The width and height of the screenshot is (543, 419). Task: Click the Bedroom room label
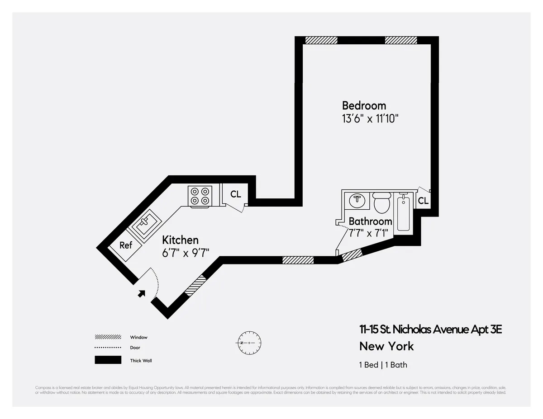[x=364, y=106]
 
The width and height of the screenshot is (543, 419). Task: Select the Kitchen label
[x=180, y=240]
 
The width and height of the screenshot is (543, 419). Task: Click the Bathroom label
[x=370, y=221]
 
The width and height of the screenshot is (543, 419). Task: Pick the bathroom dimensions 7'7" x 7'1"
[x=368, y=233]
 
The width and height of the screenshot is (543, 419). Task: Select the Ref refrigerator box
[x=125, y=245]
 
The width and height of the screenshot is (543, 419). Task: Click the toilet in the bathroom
[x=382, y=203]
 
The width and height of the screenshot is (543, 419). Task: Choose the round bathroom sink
[x=358, y=200]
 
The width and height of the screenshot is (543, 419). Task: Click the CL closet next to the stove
[x=235, y=194]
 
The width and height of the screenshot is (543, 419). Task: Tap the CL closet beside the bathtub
[x=423, y=201]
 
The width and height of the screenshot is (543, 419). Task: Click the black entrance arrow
[x=142, y=293]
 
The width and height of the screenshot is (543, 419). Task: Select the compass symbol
[x=248, y=343]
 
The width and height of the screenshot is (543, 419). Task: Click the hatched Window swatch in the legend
[x=108, y=337]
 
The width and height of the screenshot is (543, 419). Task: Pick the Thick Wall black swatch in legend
[x=108, y=360]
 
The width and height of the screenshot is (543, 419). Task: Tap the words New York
[x=386, y=347]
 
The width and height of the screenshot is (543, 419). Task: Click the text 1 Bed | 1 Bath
[x=383, y=365]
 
